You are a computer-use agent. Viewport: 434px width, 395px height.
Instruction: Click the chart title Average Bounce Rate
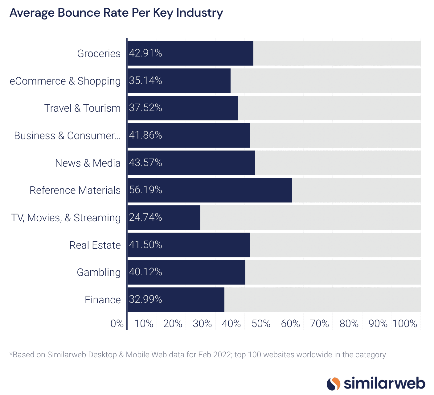[116, 13]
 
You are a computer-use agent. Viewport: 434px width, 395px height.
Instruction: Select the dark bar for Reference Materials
[210, 190]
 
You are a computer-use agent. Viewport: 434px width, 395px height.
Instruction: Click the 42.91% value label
[145, 53]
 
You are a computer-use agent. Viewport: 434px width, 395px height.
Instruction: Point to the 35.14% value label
[145, 81]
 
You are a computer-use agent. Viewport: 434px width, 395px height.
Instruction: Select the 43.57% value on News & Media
[145, 163]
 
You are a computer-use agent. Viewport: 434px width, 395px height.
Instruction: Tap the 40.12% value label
[145, 272]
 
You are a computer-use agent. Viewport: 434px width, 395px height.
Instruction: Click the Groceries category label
[99, 53]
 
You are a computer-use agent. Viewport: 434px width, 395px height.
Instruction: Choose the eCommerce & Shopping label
[65, 81]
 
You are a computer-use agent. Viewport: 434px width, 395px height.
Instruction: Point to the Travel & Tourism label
[82, 108]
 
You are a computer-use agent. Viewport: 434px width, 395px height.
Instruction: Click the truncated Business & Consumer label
[67, 135]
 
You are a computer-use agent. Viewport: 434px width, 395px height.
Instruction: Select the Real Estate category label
[95, 245]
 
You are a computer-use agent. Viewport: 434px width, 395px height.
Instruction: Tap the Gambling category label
[99, 272]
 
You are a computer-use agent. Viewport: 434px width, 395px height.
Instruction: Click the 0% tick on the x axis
[117, 324]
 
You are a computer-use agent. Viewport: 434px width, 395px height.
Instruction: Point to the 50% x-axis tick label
[261, 324]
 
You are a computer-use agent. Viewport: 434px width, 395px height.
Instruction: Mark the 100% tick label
[405, 324]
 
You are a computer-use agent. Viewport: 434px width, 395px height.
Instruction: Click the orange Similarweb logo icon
[333, 384]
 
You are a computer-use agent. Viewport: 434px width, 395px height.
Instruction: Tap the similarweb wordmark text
[384, 384]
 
